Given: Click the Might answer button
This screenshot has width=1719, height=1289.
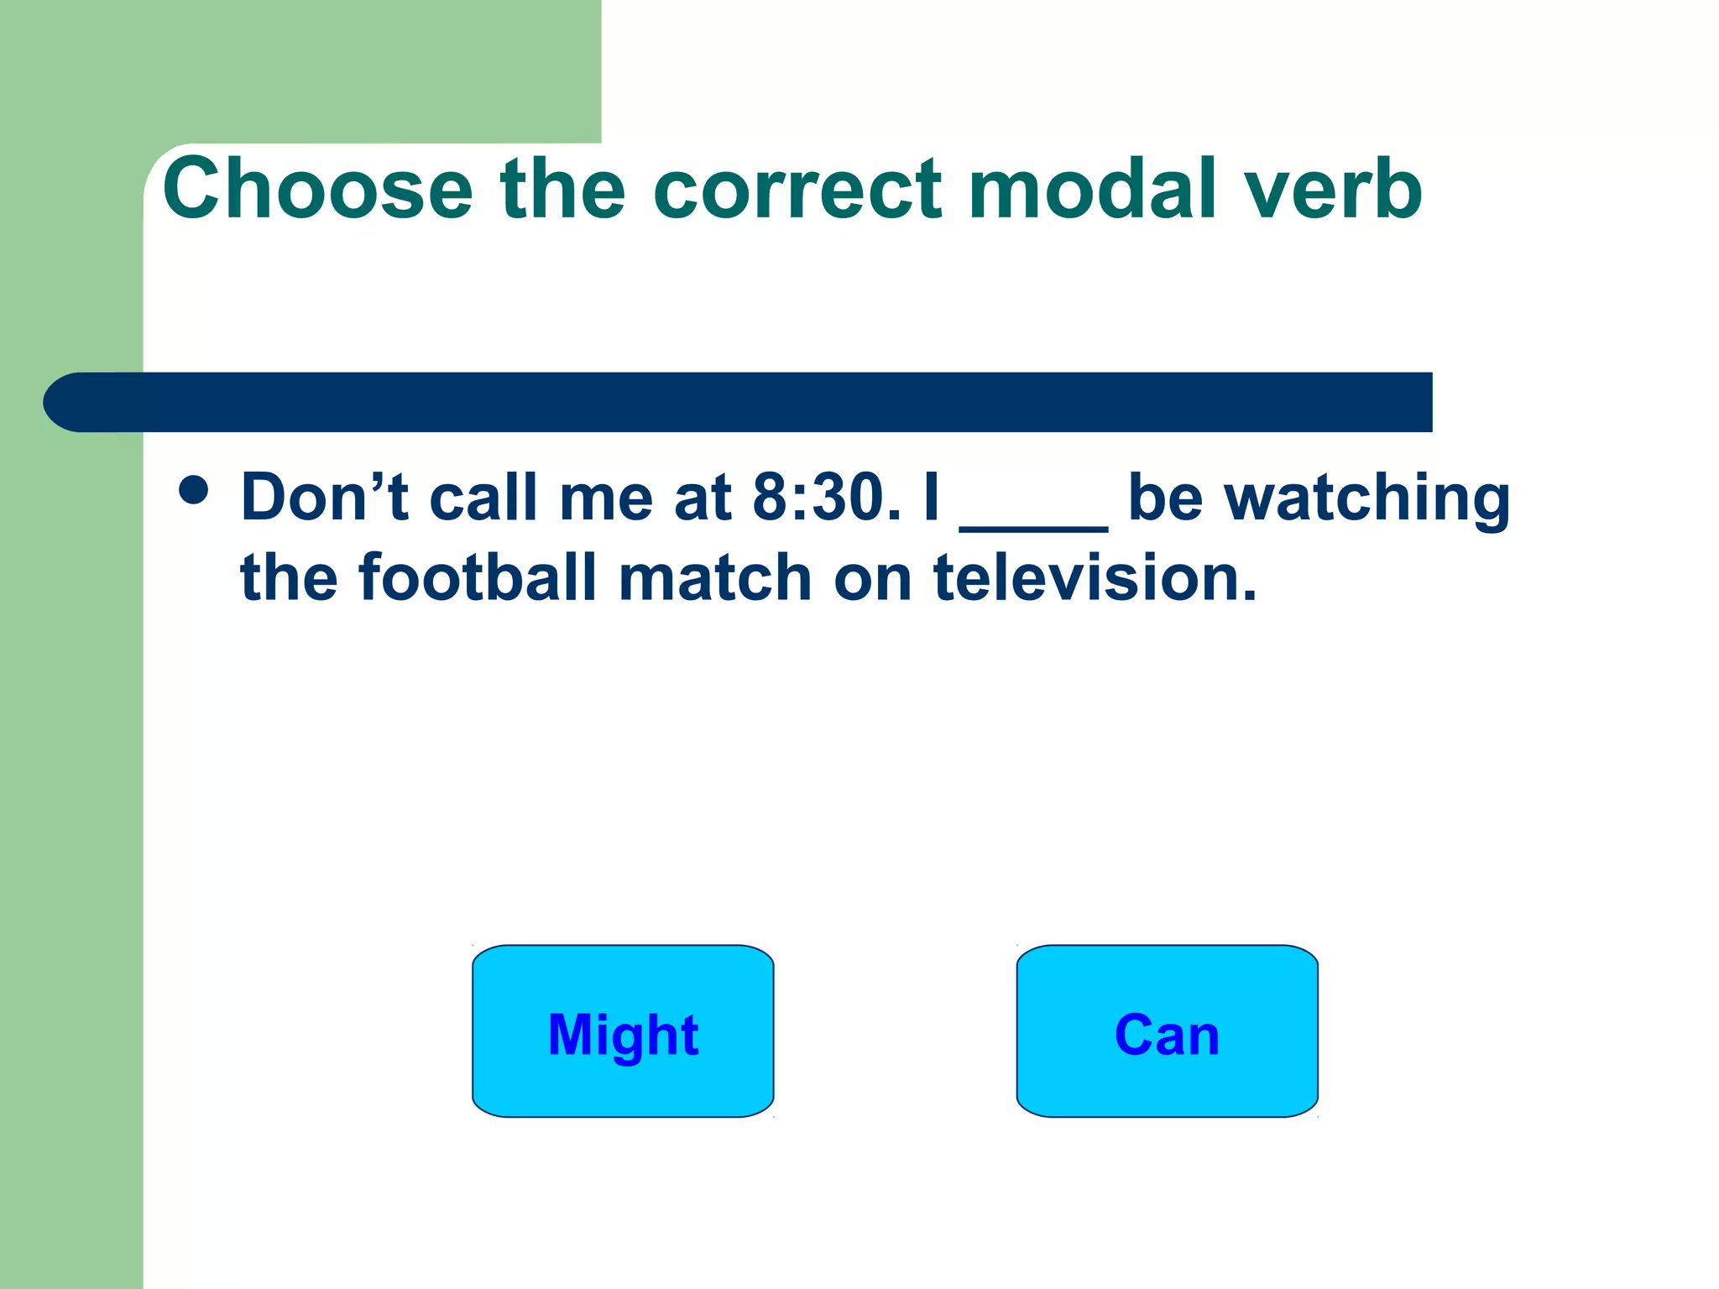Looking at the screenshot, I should pyautogui.click(x=622, y=1031).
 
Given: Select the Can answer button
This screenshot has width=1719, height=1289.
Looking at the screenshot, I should pyautogui.click(x=1167, y=1031).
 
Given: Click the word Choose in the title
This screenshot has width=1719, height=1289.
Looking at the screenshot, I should pyautogui.click(x=318, y=190).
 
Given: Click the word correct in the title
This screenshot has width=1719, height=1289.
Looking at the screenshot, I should pyautogui.click(x=797, y=190).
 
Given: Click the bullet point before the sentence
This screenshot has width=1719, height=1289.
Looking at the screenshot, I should pyautogui.click(x=194, y=490).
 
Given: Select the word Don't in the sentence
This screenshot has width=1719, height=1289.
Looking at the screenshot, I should pyautogui.click(x=324, y=498).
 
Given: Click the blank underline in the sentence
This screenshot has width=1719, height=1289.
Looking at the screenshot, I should pyautogui.click(x=1033, y=524).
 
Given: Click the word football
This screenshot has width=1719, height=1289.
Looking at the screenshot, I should pyautogui.click(x=478, y=578).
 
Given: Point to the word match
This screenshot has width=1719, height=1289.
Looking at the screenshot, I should pyautogui.click(x=714, y=578).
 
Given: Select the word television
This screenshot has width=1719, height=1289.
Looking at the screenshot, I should pyautogui.click(x=1095, y=578).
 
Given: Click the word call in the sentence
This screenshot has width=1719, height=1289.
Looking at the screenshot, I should pyautogui.click(x=483, y=498).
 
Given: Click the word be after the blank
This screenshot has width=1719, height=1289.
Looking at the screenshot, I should pyautogui.click(x=1165, y=498).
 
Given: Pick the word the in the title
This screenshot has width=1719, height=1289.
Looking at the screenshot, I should pyautogui.click(x=562, y=190).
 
